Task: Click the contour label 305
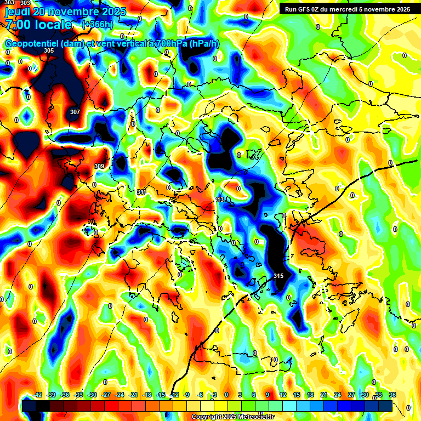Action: coord(49,50)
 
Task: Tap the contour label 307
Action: coord(75,112)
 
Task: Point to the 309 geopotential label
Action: coord(99,166)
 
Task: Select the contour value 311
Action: coord(141,192)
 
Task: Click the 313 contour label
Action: coord(219,200)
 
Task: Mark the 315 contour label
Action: coord(278,276)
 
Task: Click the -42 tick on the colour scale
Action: coord(38,395)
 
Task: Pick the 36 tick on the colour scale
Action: coord(392,395)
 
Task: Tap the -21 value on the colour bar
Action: coord(133,395)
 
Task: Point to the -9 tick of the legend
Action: coord(187,395)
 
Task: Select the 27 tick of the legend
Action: coord(351,395)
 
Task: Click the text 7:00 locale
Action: coord(38,25)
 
